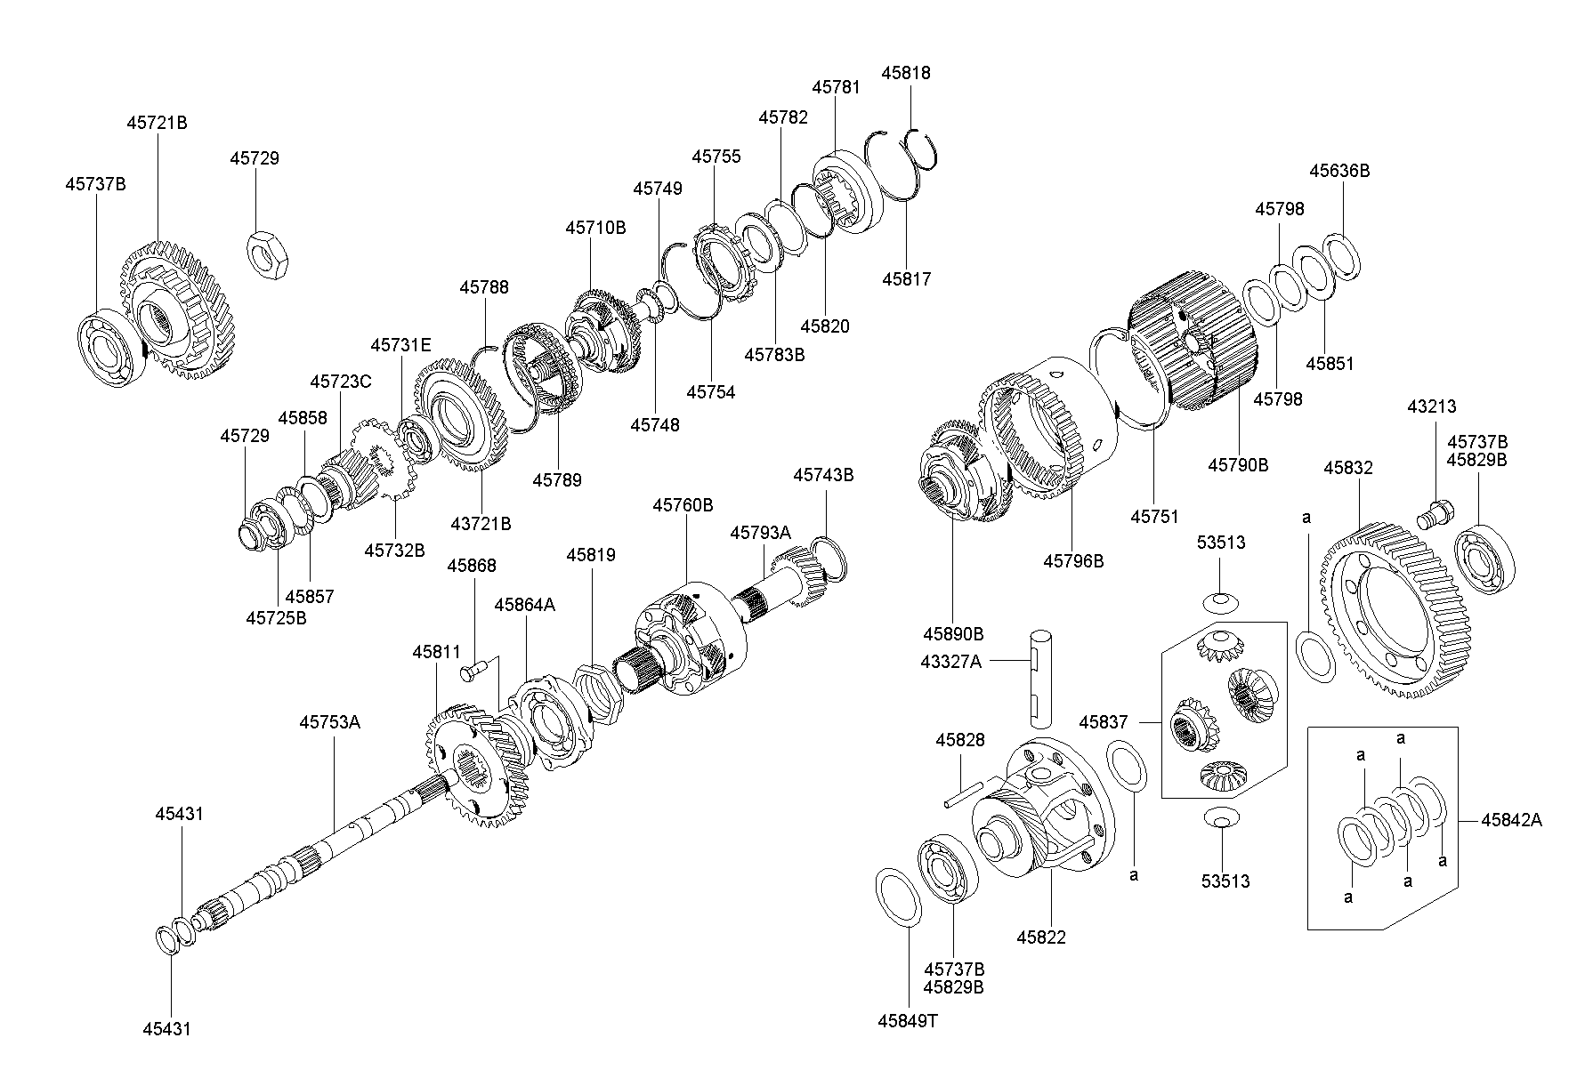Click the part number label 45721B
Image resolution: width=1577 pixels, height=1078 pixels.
157,123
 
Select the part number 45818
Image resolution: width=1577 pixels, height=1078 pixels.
906,73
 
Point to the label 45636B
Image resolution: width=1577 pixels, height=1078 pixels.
1339,171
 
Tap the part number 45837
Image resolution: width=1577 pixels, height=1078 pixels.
1104,721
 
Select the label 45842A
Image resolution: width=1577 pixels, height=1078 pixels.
1511,820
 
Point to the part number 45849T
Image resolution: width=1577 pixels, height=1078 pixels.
907,1021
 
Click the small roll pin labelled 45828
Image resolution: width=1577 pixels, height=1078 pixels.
965,793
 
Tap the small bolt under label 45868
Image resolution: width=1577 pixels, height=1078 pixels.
474,670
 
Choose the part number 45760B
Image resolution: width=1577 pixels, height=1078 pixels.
683,505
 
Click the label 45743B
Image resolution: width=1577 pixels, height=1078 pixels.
823,476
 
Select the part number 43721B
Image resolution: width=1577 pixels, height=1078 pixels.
481,524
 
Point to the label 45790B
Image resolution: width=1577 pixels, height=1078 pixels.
1238,464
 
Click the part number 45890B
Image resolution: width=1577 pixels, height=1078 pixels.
953,634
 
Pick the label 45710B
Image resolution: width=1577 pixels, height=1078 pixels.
595,228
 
